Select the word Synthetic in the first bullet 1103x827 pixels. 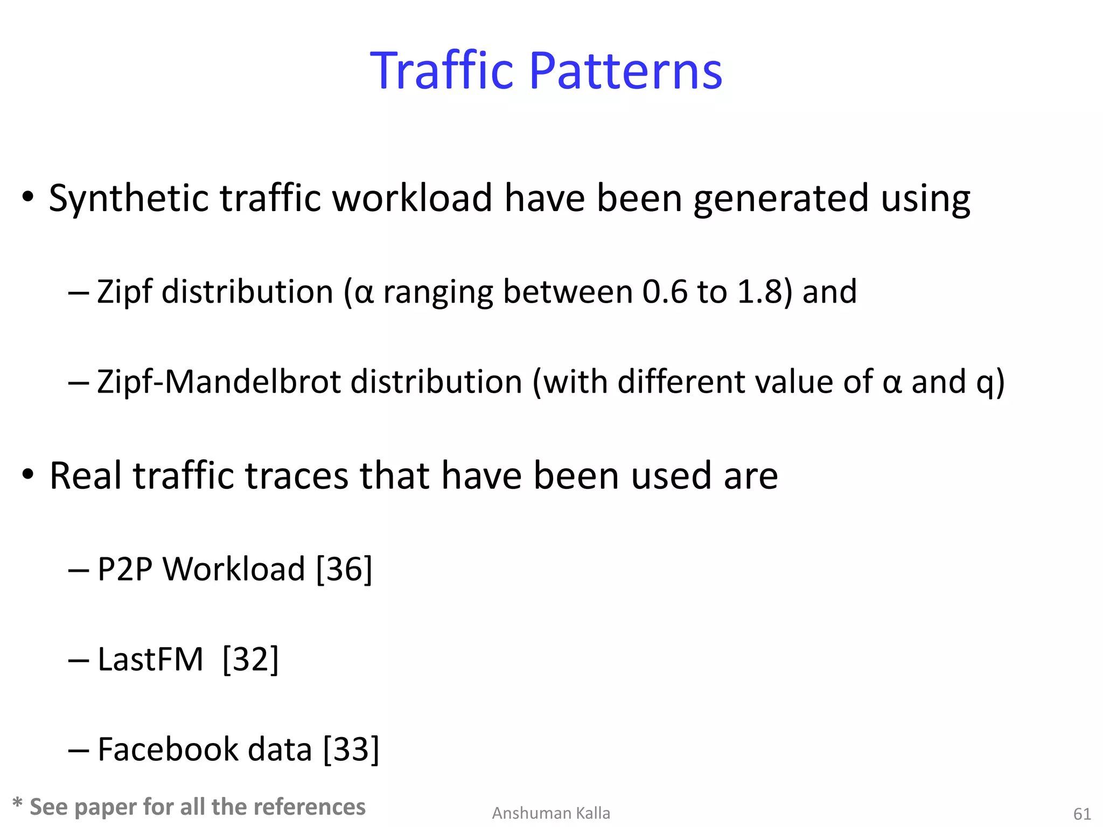click(128, 199)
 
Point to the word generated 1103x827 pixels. click(780, 199)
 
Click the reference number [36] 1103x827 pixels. click(344, 569)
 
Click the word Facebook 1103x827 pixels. click(167, 749)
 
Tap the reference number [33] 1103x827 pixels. click(351, 749)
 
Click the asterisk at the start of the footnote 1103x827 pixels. click(17, 804)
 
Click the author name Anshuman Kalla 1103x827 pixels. click(551, 813)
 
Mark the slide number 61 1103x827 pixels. click(1082, 814)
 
